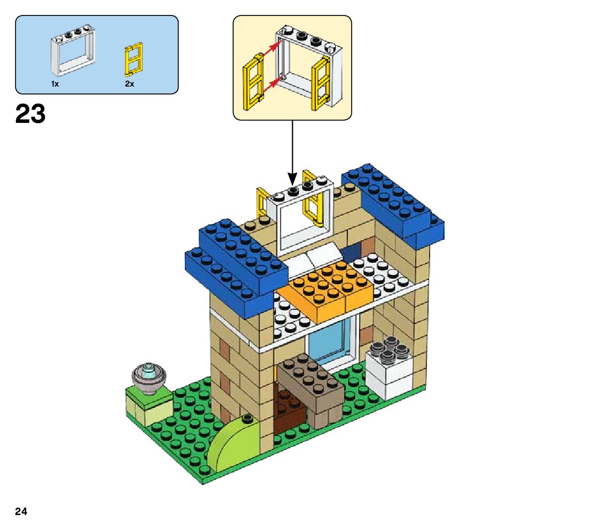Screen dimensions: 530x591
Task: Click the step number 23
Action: (30, 114)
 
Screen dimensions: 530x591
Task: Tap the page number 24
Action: (21, 512)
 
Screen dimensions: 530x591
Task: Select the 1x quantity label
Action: (55, 84)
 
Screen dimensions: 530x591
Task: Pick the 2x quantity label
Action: (129, 84)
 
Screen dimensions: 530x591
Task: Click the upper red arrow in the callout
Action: (271, 49)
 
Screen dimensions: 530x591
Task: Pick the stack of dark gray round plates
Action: (390, 350)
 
